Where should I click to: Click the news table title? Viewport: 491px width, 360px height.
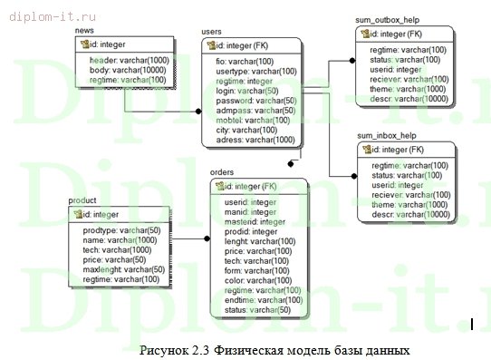coord(84,31)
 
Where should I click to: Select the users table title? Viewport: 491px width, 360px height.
coord(212,32)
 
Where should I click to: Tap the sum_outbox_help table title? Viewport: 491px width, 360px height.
coord(388,19)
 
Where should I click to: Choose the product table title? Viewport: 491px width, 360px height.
coord(82,199)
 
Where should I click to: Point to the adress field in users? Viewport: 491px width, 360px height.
coord(255,140)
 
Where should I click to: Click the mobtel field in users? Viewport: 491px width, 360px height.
coord(252,121)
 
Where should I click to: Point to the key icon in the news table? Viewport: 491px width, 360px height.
coord(82,44)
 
